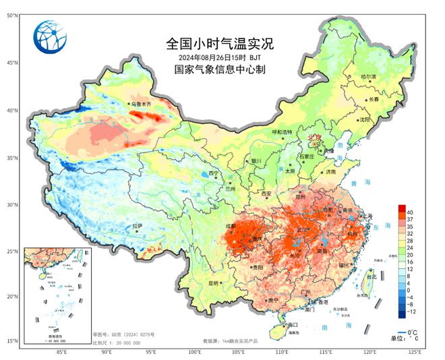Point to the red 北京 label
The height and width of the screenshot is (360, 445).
(x=316, y=137)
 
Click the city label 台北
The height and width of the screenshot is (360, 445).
(x=372, y=276)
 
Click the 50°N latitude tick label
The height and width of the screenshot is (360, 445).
(x=12, y=15)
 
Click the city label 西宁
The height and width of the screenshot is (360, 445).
(x=214, y=173)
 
